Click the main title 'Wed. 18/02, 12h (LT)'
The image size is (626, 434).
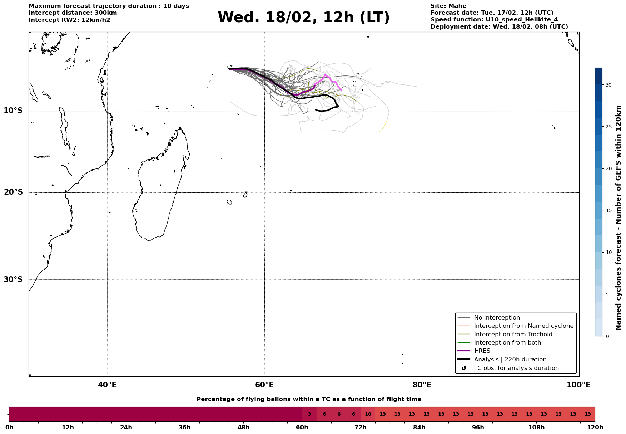click(303, 18)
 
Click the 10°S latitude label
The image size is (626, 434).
click(13, 111)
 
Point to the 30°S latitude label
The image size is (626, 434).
click(13, 279)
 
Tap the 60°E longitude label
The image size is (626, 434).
click(264, 385)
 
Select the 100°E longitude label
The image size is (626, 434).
click(578, 385)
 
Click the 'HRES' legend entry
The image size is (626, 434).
click(482, 351)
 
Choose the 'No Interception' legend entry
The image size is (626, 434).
click(497, 318)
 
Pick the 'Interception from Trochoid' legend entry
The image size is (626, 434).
click(513, 335)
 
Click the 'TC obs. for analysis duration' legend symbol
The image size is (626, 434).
click(464, 368)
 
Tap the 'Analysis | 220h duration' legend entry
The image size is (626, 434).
click(510, 360)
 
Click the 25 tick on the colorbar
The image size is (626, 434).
click(608, 127)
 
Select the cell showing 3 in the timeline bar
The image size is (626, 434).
click(309, 414)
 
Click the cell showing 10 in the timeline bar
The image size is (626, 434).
click(368, 414)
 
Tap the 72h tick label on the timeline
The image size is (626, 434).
click(361, 428)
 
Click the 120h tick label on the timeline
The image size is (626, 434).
click(595, 428)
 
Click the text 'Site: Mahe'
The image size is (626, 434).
click(448, 6)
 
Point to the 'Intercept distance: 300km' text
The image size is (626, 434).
click(73, 13)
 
